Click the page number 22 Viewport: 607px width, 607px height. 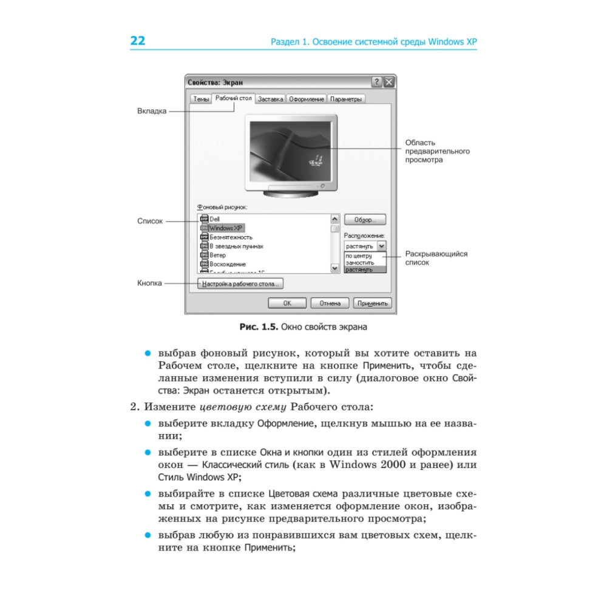click(x=138, y=41)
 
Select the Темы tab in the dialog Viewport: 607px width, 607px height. click(x=201, y=99)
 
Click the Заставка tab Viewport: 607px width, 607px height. click(x=270, y=99)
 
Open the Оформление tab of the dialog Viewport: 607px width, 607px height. click(x=307, y=99)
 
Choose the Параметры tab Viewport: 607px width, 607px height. click(x=346, y=99)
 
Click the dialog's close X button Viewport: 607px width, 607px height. click(x=389, y=82)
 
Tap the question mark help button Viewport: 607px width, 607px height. click(x=377, y=82)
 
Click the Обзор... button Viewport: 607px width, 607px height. click(x=365, y=219)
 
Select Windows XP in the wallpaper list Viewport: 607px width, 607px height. click(x=226, y=228)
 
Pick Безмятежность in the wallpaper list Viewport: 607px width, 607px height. click(x=231, y=237)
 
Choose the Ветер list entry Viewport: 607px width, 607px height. click(x=217, y=256)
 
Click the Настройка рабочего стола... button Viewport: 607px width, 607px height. click(x=241, y=283)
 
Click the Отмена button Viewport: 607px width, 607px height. click(x=330, y=303)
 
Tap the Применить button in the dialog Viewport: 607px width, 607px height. click(x=373, y=303)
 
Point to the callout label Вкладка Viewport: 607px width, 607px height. click(x=152, y=112)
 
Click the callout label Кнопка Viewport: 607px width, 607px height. click(x=149, y=283)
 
